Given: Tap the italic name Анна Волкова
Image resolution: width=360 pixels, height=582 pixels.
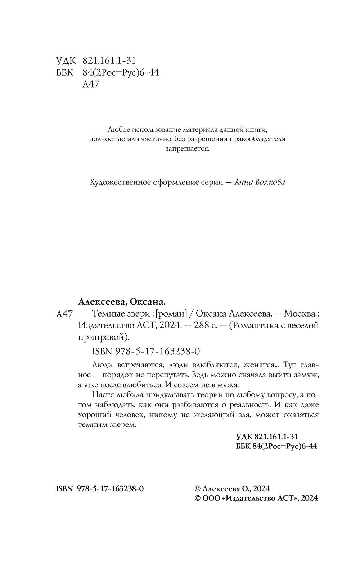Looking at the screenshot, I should [x=260, y=182].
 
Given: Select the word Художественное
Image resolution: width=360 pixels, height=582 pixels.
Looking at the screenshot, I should [x=115, y=182].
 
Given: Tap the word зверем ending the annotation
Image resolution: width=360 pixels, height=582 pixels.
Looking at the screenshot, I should [x=124, y=425].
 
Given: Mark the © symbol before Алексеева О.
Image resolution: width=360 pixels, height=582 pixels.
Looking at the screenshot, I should [x=197, y=488].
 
